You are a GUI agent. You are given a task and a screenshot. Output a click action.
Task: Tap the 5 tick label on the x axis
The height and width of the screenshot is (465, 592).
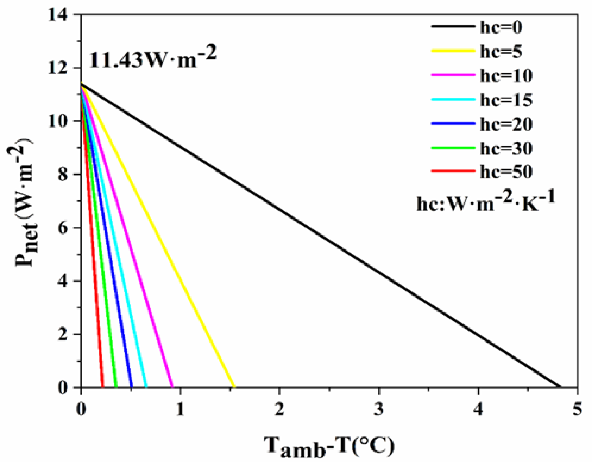coord(577,409)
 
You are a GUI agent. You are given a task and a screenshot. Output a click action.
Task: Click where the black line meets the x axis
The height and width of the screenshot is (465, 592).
coord(560,387)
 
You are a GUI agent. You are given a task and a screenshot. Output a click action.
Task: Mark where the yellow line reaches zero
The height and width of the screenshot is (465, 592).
coord(234,387)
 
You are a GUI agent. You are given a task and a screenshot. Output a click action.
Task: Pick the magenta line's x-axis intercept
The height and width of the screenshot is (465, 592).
coord(173,387)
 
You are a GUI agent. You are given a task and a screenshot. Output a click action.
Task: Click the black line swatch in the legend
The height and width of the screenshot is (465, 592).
coord(453,26)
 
